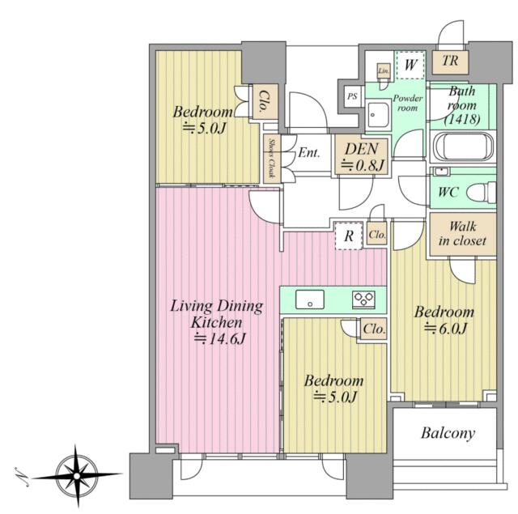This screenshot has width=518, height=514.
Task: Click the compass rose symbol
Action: point(77,476)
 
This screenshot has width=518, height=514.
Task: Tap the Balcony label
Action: point(448,433)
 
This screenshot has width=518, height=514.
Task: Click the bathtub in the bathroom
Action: point(463,147)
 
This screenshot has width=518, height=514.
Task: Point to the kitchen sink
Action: point(309,299)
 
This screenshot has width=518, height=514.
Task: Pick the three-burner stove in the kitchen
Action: point(363,299)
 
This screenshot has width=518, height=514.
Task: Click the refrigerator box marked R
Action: point(349,236)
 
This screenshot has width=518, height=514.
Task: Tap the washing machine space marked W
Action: point(410,65)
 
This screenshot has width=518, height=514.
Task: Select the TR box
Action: point(450,62)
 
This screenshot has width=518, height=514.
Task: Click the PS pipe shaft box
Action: point(353,96)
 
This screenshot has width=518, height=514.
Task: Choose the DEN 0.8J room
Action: point(363,156)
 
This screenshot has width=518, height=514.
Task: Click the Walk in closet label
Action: point(462,234)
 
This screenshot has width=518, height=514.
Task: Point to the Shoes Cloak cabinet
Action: point(272,159)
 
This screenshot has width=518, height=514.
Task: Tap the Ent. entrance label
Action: point(309,153)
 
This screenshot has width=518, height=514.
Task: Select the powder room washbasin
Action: point(378,114)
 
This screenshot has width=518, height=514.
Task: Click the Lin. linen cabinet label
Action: point(384,70)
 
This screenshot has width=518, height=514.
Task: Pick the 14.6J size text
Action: point(220,338)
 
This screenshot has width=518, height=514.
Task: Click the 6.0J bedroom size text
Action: point(446,328)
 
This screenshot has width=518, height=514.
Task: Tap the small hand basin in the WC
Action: point(440,172)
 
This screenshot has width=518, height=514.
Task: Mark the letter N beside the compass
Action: point(22,477)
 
